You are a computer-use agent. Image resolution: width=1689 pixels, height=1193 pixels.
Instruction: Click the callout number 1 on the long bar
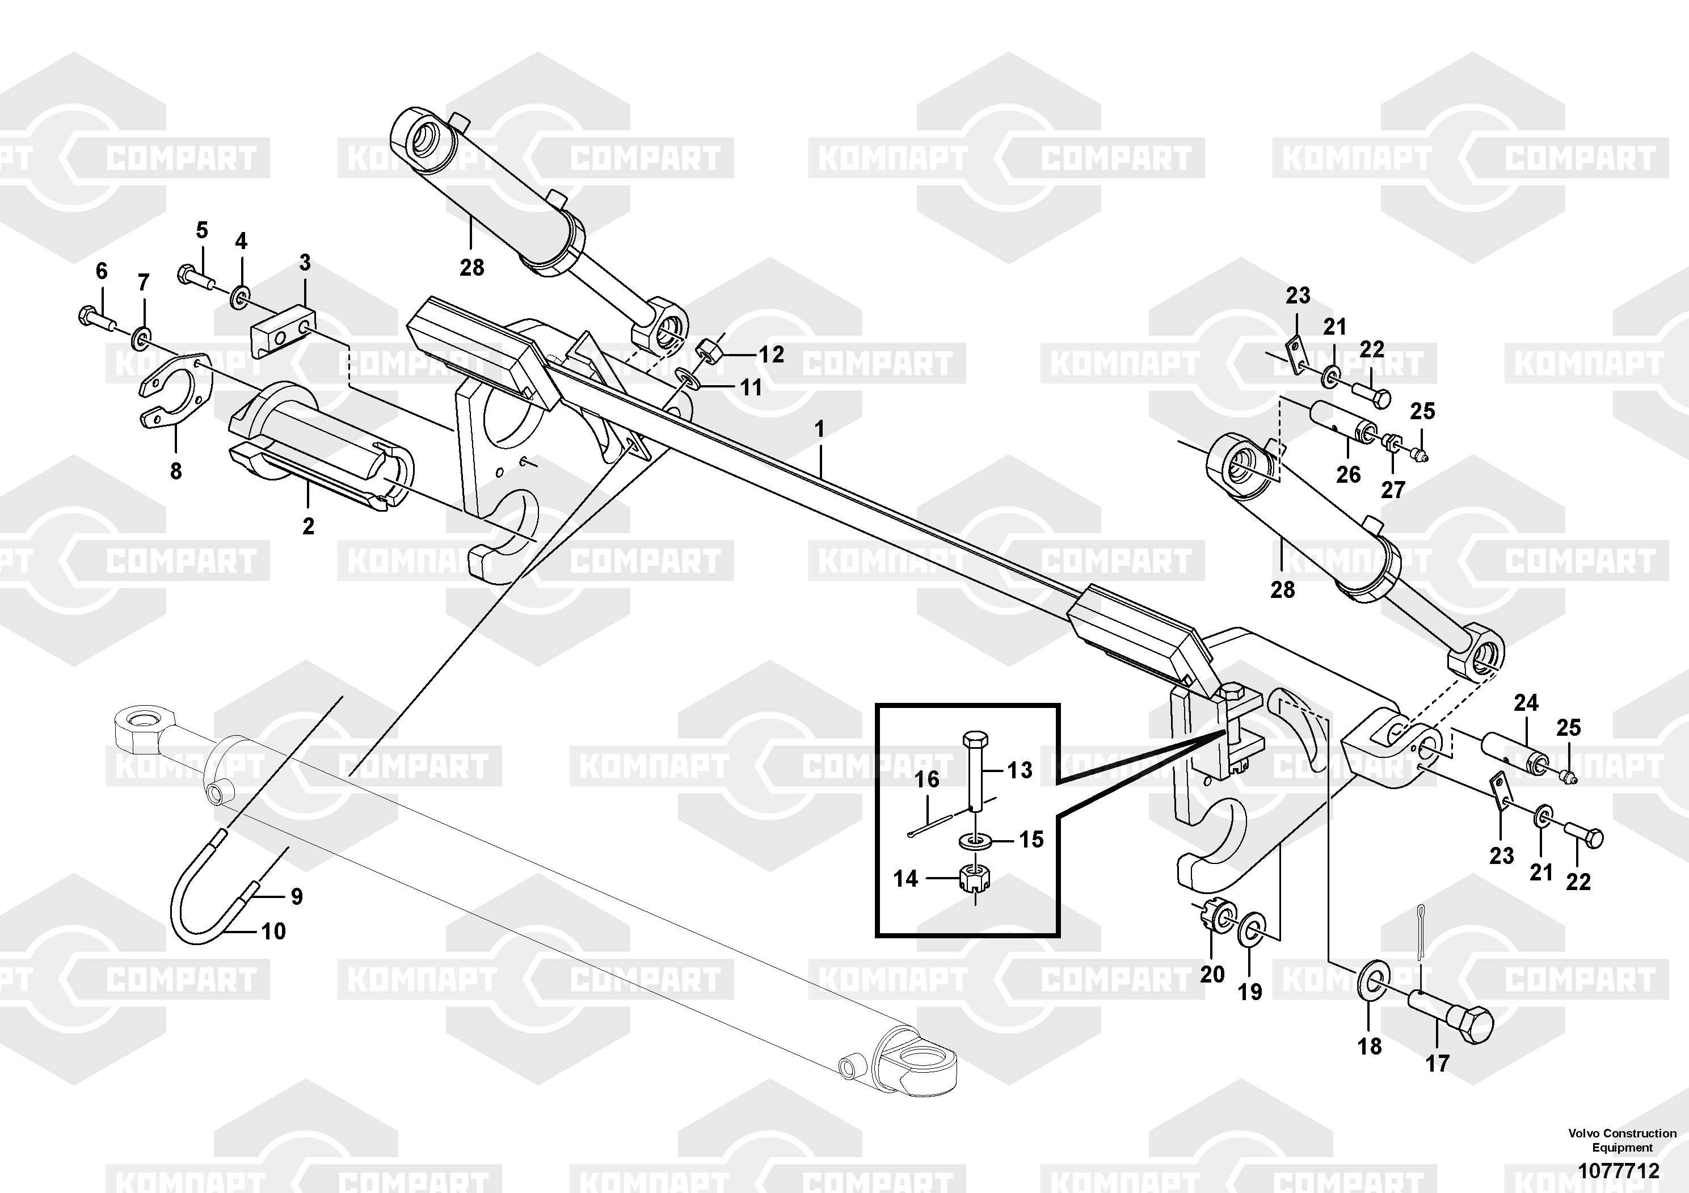819,429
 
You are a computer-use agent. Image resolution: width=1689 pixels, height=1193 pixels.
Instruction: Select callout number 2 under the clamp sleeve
308,526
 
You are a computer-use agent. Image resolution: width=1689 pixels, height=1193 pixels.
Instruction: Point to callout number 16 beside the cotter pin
927,779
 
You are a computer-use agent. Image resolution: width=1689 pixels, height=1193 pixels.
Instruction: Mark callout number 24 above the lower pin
1526,702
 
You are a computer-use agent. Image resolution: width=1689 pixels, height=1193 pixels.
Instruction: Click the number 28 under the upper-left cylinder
471,267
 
